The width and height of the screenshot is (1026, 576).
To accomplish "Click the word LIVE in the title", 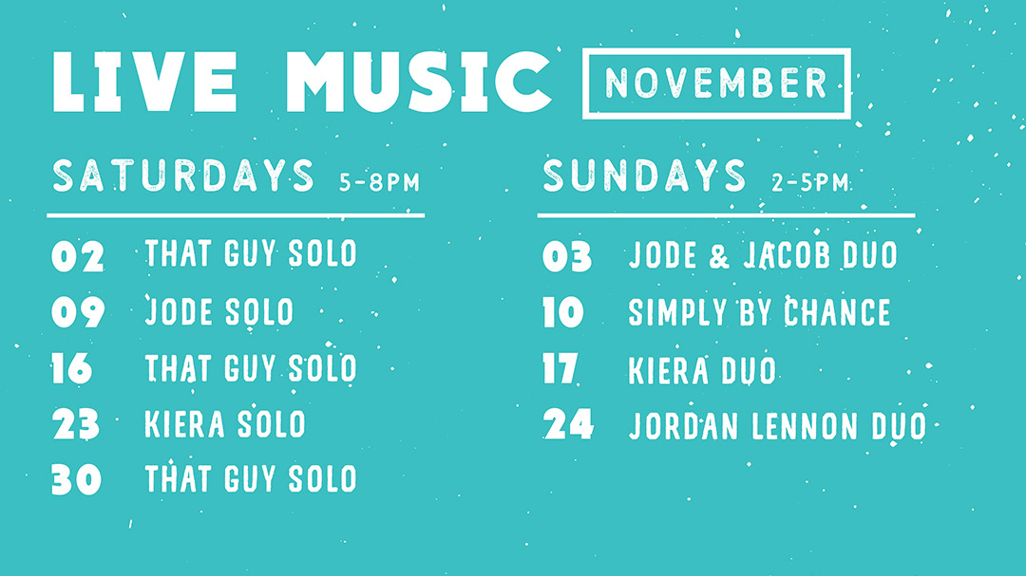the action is [144, 82].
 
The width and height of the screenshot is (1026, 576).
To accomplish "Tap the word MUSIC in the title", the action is [419, 82].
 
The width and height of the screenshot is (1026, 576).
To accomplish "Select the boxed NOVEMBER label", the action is [716, 84].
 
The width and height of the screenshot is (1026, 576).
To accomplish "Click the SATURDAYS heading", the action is [183, 176].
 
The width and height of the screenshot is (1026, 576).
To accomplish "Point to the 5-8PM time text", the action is [379, 182].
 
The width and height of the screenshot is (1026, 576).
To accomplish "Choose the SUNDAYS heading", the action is [644, 176].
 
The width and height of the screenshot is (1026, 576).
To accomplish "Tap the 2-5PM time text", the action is [810, 182].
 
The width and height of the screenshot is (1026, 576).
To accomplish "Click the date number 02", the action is [78, 255].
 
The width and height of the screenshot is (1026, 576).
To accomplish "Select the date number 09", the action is [78, 312].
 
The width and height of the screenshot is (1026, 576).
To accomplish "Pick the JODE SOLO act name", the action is [219, 311].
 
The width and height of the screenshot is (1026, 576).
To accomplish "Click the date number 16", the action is [72, 368].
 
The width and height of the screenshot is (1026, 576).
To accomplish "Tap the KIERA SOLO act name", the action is [225, 423].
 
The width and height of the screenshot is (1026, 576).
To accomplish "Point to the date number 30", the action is [77, 480].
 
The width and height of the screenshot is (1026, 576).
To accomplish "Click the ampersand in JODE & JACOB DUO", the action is [718, 255].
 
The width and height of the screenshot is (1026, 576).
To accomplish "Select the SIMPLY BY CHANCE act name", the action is [759, 312].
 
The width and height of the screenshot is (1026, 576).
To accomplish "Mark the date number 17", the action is [560, 369].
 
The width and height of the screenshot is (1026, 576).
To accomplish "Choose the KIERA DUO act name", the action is [702, 370].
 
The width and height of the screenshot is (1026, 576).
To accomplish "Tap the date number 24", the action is [568, 424].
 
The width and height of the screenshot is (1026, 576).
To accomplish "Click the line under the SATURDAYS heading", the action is [236, 215].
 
